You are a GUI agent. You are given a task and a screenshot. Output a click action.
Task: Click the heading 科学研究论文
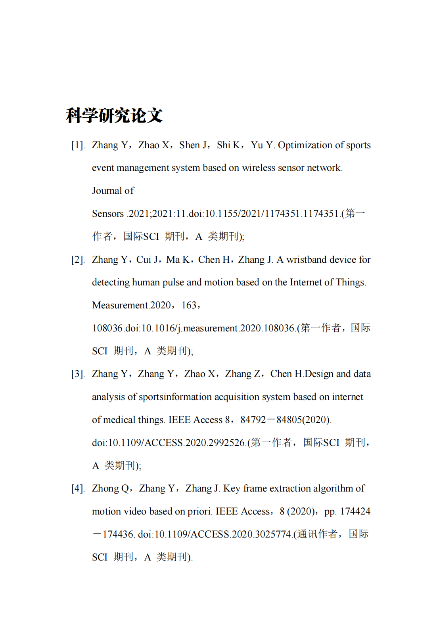point(114,115)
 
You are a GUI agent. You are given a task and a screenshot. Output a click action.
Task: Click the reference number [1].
point(78,145)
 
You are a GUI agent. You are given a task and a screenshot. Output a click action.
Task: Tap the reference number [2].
point(78,260)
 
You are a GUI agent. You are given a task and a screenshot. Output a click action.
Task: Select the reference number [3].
point(78,374)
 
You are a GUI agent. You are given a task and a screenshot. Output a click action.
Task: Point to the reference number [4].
point(78,488)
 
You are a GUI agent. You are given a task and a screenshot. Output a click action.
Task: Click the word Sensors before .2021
point(108,214)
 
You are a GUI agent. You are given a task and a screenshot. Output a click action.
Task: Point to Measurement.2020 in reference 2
point(131,305)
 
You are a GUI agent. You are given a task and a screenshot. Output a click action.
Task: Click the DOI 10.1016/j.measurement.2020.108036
point(218,328)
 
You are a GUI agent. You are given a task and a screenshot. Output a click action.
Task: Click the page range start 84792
point(253,420)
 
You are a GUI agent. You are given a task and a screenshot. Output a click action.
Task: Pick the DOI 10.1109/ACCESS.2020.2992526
point(176,443)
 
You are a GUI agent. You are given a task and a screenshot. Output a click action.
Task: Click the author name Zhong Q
point(110,488)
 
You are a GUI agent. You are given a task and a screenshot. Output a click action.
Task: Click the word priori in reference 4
point(199,511)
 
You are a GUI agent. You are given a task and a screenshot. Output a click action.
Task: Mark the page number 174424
point(355,511)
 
